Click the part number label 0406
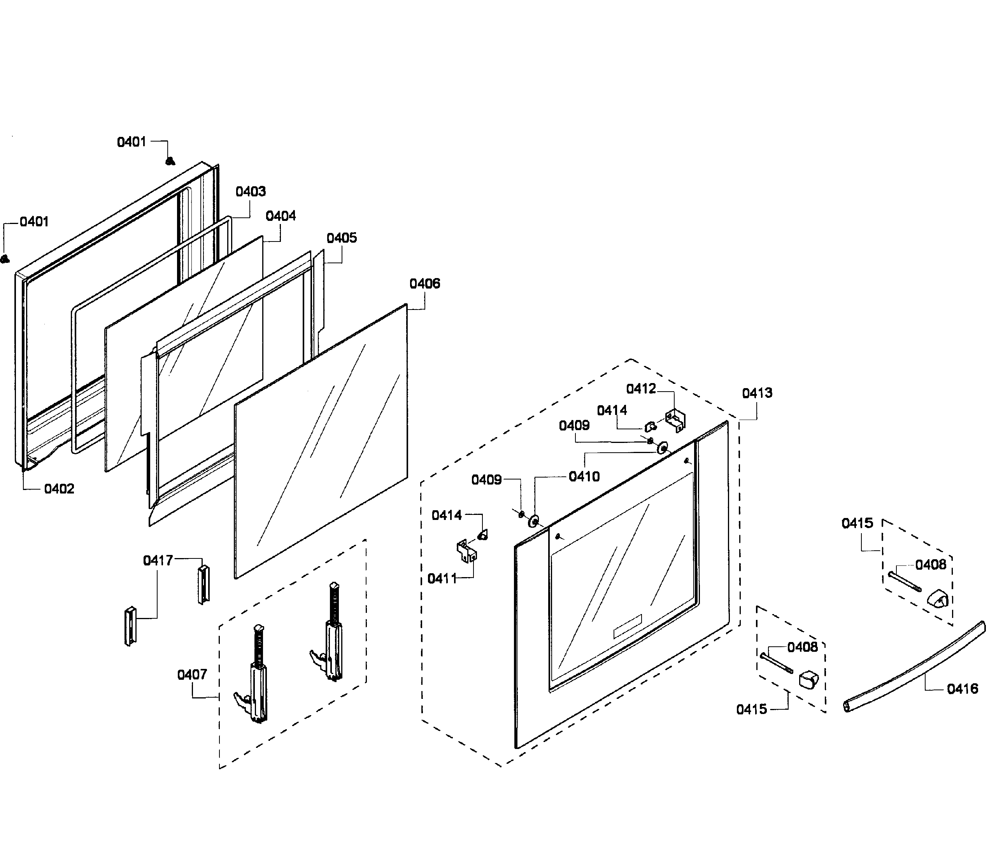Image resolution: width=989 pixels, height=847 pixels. (x=424, y=283)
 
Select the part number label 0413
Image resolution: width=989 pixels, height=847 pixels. (x=757, y=393)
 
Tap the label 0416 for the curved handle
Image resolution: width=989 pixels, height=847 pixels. (x=962, y=689)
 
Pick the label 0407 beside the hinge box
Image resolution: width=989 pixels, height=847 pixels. (x=192, y=674)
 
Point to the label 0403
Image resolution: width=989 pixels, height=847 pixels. (x=251, y=191)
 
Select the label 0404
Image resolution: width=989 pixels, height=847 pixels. (x=281, y=216)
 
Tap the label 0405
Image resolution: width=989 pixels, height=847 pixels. (x=342, y=238)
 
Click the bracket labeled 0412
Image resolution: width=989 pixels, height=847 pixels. (x=675, y=420)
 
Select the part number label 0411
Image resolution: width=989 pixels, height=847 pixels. (x=442, y=579)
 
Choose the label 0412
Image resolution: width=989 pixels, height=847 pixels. (x=641, y=389)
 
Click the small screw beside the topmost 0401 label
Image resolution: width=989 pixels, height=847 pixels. (x=169, y=161)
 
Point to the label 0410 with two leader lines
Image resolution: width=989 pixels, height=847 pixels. (x=584, y=476)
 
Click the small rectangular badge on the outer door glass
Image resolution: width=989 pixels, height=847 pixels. (x=627, y=626)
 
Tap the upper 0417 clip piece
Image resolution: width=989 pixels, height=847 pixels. (x=203, y=584)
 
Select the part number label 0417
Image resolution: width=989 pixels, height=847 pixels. (x=158, y=560)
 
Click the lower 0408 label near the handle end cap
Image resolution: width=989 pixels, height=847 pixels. (x=802, y=647)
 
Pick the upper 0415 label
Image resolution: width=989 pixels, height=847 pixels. (x=857, y=523)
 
